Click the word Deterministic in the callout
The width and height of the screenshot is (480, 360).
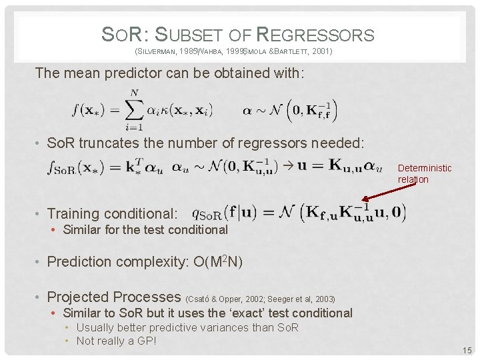tap(425, 168)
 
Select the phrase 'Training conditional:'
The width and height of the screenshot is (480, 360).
tap(113, 214)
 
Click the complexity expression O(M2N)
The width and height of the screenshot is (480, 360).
tap(209, 261)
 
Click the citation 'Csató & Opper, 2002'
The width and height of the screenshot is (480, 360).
tap(223, 299)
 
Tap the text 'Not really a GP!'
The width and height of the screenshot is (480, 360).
tap(116, 341)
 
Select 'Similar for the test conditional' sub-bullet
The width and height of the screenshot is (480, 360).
tap(145, 230)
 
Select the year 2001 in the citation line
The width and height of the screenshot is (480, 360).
tap(321, 51)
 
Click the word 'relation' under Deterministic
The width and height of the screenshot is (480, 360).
tap(413, 179)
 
